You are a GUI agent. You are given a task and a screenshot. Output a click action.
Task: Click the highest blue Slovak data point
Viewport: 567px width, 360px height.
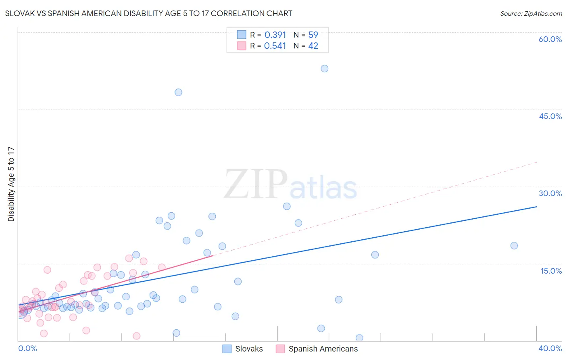(325, 69)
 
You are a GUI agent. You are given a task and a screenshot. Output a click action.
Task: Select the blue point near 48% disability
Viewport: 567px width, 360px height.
(178, 92)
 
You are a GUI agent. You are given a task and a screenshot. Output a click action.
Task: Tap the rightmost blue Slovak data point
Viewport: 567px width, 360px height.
(514, 246)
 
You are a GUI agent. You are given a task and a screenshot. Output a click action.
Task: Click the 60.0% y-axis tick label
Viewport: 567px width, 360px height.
(550, 39)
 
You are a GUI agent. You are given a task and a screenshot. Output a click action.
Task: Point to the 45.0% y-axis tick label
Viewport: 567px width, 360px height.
(550, 116)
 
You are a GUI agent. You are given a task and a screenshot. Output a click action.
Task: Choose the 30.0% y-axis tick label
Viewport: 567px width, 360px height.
(550, 193)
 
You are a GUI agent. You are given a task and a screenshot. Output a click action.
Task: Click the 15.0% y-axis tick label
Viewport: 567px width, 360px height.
(551, 271)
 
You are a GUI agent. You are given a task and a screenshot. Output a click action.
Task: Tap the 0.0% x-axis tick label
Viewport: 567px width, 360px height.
(28, 348)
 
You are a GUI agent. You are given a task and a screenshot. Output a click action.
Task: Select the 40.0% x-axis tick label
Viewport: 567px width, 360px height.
(550, 348)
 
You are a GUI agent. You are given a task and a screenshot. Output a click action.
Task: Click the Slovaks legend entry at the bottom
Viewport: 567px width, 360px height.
(243, 349)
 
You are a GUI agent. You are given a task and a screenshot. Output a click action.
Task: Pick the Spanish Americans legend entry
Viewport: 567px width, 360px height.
(317, 349)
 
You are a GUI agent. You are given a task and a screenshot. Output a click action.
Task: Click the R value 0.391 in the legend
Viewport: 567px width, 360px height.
(275, 35)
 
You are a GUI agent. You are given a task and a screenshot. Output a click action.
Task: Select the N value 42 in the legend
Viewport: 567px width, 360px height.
(313, 46)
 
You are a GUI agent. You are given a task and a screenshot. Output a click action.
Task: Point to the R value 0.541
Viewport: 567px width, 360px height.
(275, 46)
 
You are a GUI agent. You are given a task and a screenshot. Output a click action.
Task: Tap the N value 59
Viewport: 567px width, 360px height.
(313, 35)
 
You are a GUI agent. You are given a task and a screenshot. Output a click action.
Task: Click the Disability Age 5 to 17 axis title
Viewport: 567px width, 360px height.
(11, 184)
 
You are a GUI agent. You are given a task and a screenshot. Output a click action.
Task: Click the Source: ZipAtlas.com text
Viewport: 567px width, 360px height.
(531, 14)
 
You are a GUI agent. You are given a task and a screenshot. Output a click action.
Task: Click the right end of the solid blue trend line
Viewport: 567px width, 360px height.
(536, 207)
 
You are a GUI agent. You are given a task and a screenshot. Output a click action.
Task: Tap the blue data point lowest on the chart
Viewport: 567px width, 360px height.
(359, 338)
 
